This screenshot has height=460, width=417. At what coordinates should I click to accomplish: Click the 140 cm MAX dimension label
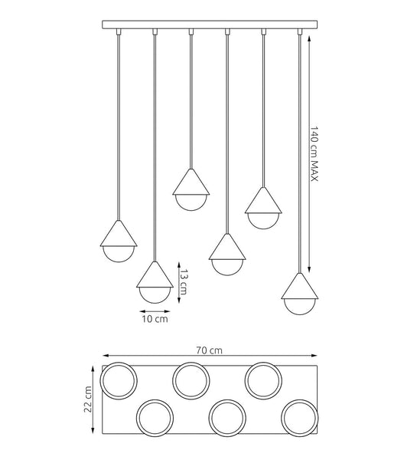point(314,154)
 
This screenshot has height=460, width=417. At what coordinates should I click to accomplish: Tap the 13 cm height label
point(184,282)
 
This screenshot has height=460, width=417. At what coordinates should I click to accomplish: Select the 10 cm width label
point(155,319)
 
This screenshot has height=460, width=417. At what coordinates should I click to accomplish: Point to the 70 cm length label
point(210,350)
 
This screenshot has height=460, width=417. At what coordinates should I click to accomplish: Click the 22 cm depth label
point(88,399)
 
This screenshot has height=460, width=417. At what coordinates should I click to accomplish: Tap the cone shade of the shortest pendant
point(191,182)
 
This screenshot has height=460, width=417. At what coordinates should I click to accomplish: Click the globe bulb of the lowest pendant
point(300,307)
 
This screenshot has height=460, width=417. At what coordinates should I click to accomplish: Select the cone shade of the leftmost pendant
point(119,234)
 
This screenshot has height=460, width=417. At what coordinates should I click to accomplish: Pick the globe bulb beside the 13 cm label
point(155,295)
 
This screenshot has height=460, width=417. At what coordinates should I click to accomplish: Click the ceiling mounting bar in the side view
point(210,25)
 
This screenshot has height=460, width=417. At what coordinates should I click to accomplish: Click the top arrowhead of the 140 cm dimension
point(309,39)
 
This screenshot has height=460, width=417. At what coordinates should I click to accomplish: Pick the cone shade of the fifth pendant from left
point(263,200)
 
